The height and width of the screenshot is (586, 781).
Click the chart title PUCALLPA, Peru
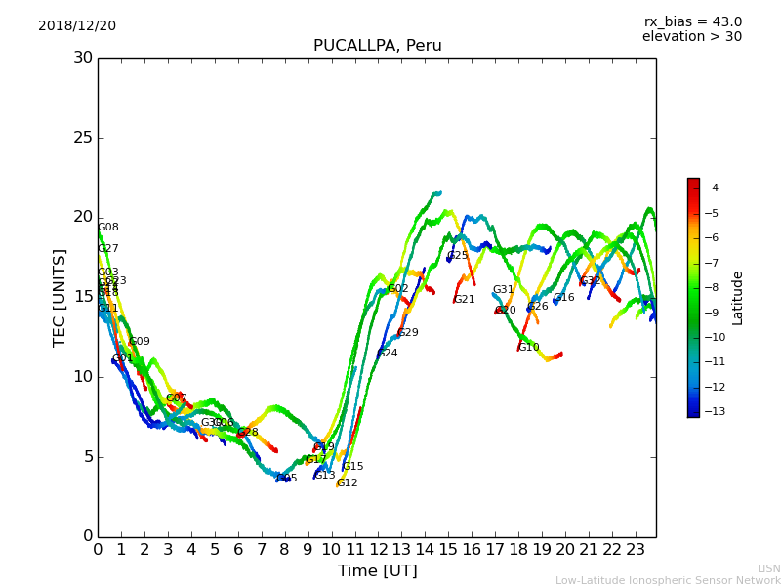pyautogui.click(x=377, y=46)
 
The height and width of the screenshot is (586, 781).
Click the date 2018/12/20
pyautogui.click(x=77, y=25)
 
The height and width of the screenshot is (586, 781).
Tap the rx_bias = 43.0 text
pyautogui.click(x=692, y=21)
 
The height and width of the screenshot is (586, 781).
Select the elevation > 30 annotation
pyautogui.click(x=691, y=37)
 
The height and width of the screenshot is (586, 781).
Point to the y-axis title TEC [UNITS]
pyautogui.click(x=60, y=297)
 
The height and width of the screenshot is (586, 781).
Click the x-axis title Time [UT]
pyautogui.click(x=377, y=570)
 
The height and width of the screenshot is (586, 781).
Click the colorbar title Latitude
pyautogui.click(x=738, y=298)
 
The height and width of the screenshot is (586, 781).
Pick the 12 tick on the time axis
pyautogui.click(x=378, y=549)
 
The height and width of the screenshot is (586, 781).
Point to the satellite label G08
pyautogui.click(x=108, y=228)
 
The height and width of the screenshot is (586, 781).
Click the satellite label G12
pyautogui.click(x=348, y=483)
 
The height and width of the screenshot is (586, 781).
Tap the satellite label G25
pyautogui.click(x=458, y=256)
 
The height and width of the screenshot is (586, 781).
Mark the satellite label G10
pyautogui.click(x=529, y=348)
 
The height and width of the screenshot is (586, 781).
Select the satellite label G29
pyautogui.click(x=408, y=333)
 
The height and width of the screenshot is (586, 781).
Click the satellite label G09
pyautogui.click(x=140, y=342)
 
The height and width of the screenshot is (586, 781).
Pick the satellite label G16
pyautogui.click(x=564, y=298)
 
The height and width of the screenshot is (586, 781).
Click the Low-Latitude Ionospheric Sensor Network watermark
pyautogui.click(x=668, y=580)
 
